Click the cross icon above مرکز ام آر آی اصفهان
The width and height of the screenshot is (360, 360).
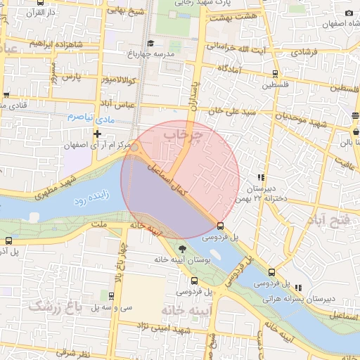tap(97, 134)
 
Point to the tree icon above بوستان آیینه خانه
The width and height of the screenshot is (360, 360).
tap(183, 249)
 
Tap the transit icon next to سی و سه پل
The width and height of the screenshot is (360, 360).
tap(112, 296)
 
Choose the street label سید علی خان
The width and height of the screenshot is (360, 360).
tap(230, 111)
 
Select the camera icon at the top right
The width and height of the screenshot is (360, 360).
tap(347, 13)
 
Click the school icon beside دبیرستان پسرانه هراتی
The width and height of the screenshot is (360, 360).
tap(299, 287)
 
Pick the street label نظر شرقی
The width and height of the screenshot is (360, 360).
tap(73, 352)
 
